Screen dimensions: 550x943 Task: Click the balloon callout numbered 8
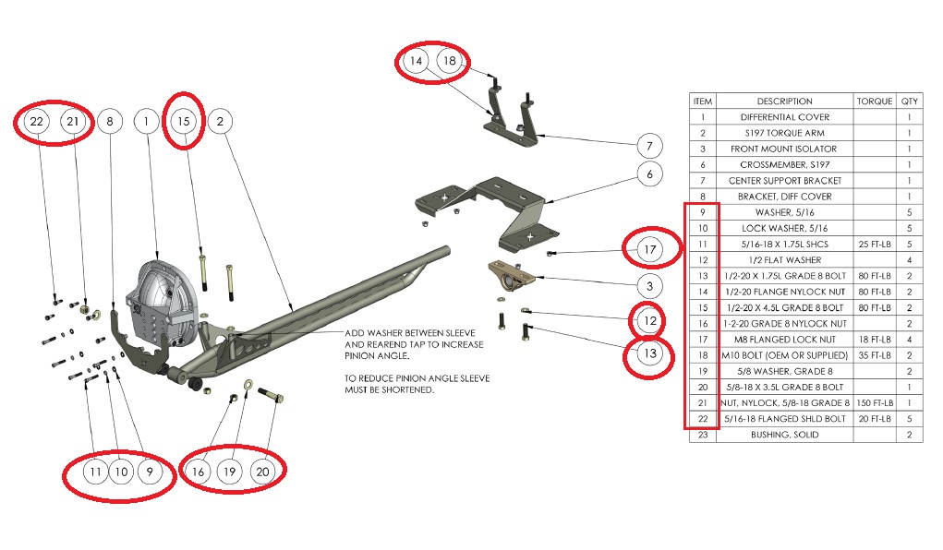(110, 121)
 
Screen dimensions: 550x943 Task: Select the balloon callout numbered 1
(146, 121)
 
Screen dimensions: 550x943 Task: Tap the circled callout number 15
(183, 121)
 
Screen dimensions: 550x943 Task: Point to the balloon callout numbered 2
(220, 121)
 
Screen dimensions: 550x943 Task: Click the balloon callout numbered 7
(649, 145)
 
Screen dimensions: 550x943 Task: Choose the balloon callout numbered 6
(649, 173)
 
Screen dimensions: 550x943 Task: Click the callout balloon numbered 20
(263, 472)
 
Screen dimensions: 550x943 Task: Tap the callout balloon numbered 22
(37, 121)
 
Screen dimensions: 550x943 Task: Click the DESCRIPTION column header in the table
(784, 102)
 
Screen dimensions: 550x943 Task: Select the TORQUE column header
(874, 102)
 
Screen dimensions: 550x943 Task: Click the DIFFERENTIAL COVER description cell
(784, 117)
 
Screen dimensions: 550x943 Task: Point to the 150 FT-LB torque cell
(874, 403)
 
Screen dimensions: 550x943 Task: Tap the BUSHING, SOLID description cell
(784, 435)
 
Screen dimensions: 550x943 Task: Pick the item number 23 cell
(703, 435)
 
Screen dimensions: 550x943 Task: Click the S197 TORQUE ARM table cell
(784, 133)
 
